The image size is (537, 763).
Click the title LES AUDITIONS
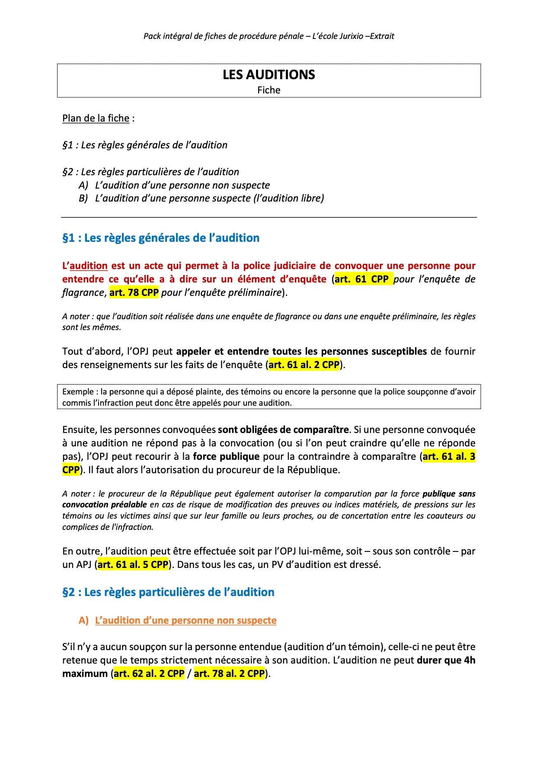(x=268, y=75)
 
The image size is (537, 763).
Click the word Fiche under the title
(x=268, y=90)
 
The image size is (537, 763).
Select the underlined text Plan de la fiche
(x=96, y=119)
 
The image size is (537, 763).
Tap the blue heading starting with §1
(x=161, y=238)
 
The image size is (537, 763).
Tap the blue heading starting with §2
(x=168, y=592)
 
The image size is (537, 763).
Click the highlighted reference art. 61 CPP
(x=362, y=279)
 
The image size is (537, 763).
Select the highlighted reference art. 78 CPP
(x=134, y=293)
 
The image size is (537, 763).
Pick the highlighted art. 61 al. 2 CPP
(x=304, y=365)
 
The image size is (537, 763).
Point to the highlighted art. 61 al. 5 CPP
(x=133, y=565)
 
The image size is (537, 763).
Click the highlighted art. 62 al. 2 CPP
(x=149, y=674)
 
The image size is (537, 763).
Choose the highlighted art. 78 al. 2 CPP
(x=229, y=674)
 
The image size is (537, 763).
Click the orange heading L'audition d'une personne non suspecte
(x=185, y=621)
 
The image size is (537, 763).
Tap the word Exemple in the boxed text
(x=78, y=392)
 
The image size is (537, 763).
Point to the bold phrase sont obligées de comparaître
(x=283, y=430)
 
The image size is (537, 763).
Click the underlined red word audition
(x=89, y=266)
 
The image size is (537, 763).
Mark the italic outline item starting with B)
(x=201, y=199)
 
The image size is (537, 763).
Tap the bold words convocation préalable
(x=105, y=505)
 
